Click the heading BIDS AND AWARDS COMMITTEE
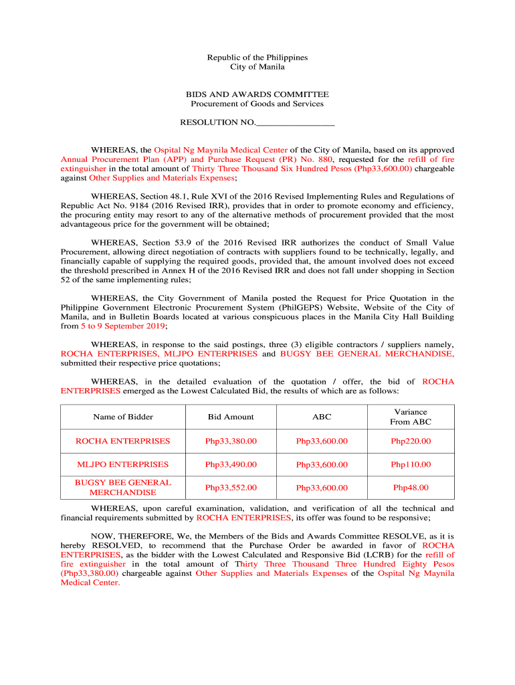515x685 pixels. click(x=257, y=94)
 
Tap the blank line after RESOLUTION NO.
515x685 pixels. click(x=295, y=123)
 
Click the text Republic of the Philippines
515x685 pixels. click(x=257, y=58)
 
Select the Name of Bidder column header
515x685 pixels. click(x=123, y=417)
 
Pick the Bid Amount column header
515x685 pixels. click(x=231, y=417)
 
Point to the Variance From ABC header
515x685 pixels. click(x=411, y=417)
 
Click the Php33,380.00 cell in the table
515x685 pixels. click(x=231, y=442)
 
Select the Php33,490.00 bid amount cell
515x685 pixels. click(x=231, y=464)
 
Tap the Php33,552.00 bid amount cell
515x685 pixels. click(x=231, y=488)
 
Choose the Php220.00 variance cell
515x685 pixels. click(x=411, y=442)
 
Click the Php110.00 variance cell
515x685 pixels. click(x=411, y=464)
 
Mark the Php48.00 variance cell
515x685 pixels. click(x=411, y=488)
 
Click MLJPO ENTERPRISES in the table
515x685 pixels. click(x=123, y=464)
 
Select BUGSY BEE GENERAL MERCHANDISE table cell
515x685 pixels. click(x=123, y=487)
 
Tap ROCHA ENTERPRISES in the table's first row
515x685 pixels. click(x=123, y=442)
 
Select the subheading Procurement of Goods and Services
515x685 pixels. click(x=257, y=104)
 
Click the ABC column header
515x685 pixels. click(x=322, y=417)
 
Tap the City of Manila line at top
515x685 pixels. click(x=257, y=67)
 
